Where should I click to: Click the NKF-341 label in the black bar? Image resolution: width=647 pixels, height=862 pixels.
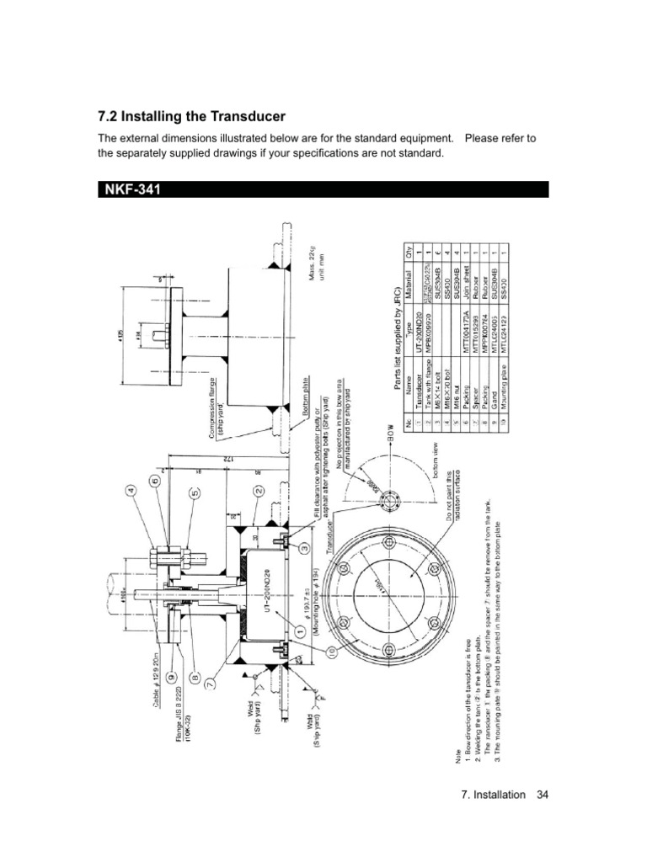[133, 189]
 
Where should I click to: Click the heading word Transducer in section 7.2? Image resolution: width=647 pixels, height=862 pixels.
[241, 115]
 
